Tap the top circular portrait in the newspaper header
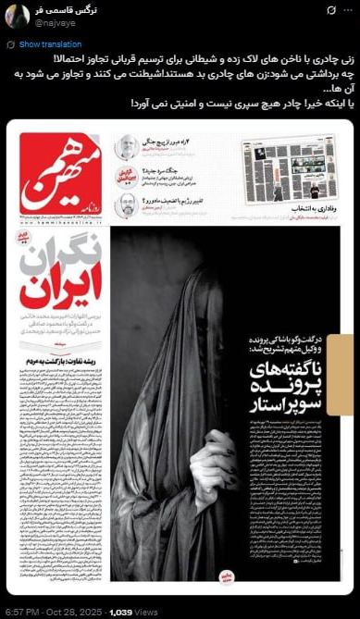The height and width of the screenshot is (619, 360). pyautogui.click(x=126, y=146)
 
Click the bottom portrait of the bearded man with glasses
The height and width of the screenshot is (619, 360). pyautogui.click(x=126, y=204)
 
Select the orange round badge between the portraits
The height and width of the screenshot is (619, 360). pyautogui.click(x=126, y=174)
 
